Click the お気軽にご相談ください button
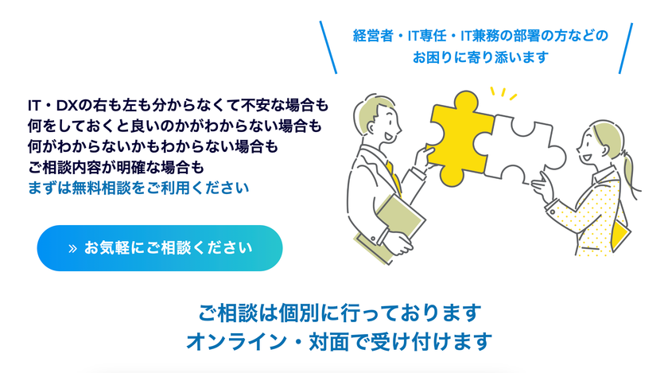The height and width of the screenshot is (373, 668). tap(160, 248)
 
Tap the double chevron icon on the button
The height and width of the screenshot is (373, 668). tap(72, 248)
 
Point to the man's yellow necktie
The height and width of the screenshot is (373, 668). tap(394, 177)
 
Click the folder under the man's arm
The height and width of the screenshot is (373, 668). tap(390, 230)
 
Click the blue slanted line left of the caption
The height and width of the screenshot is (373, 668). tap(328, 47)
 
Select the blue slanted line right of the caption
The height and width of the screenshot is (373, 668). tap(625, 49)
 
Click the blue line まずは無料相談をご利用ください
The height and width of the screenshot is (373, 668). tap(138, 188)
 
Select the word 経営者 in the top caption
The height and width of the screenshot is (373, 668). tap(373, 36)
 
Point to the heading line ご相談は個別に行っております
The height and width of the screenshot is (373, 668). tap(340, 313)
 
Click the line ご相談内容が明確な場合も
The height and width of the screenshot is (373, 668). tap(116, 168)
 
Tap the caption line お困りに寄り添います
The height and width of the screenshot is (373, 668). tap(480, 57)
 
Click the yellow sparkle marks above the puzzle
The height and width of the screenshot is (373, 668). tap(503, 93)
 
